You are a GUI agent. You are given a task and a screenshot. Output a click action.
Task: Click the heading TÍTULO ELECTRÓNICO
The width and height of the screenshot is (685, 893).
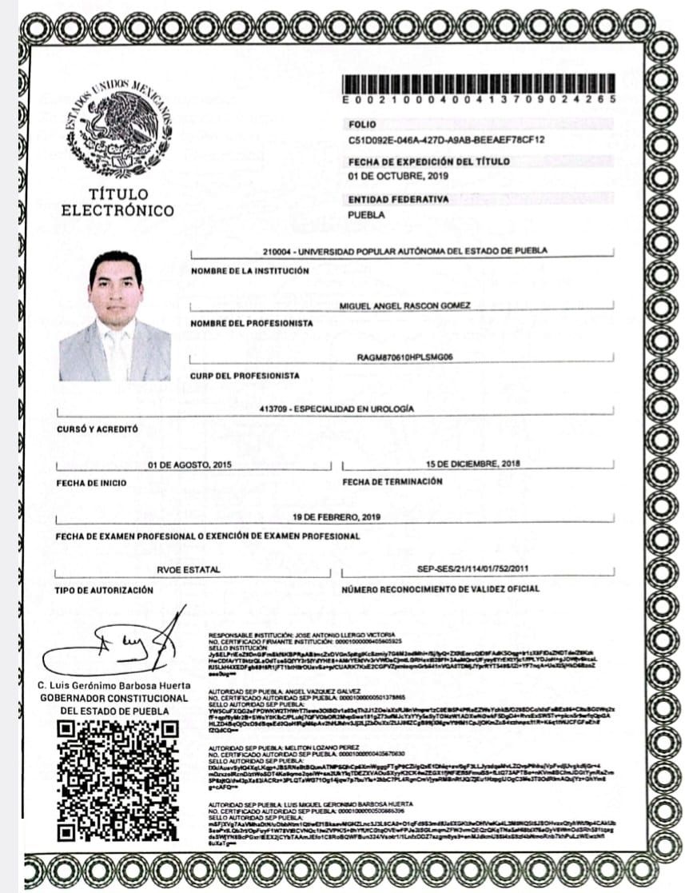[x=117, y=203]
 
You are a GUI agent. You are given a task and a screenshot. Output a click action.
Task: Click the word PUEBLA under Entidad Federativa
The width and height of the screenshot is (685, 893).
[x=366, y=215]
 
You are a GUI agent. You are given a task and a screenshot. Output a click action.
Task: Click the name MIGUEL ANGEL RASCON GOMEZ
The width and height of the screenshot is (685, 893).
[x=405, y=305]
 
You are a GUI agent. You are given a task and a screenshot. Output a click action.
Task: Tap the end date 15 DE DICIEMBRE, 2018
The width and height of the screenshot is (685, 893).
[x=473, y=464]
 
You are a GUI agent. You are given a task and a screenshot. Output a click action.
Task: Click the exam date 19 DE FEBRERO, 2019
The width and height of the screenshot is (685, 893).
[x=337, y=516]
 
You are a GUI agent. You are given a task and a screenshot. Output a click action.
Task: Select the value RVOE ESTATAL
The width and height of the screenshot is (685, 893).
[x=189, y=571]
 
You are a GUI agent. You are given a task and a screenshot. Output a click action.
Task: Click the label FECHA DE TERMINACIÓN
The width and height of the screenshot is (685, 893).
[x=392, y=482]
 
